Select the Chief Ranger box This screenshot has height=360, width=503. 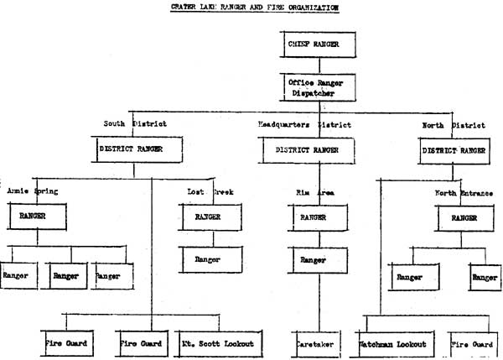[x=316, y=43]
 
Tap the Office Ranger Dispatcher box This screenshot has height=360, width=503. [x=316, y=86]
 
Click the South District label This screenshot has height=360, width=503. [x=135, y=123]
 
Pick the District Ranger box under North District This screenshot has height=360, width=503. [x=453, y=152]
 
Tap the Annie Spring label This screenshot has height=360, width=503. [x=33, y=191]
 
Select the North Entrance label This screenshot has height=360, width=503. [x=464, y=193]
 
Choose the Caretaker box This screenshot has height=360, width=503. [x=315, y=343]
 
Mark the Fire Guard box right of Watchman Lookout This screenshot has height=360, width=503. [x=474, y=343]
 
